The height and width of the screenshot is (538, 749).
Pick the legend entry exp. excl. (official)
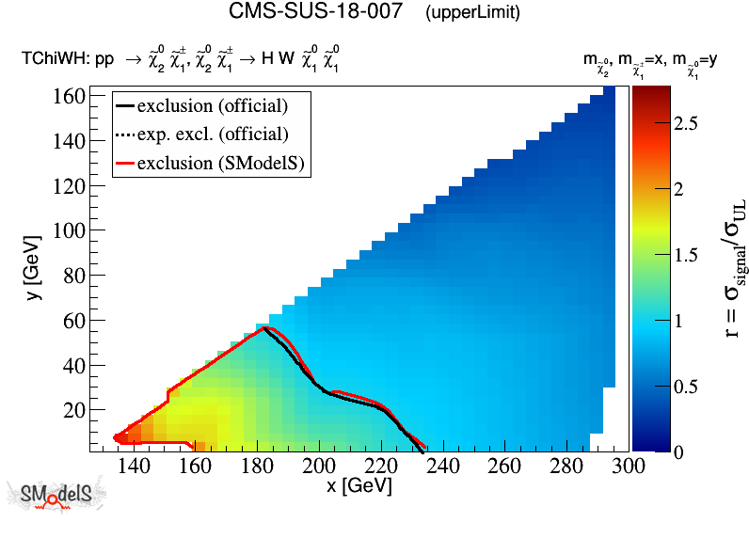pyautogui.click(x=213, y=134)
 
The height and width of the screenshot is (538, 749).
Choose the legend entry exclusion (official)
pyautogui.click(x=213, y=104)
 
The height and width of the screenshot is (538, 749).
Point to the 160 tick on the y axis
pyautogui.click(x=71, y=96)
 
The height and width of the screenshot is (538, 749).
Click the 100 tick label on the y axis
pyautogui.click(x=71, y=230)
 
